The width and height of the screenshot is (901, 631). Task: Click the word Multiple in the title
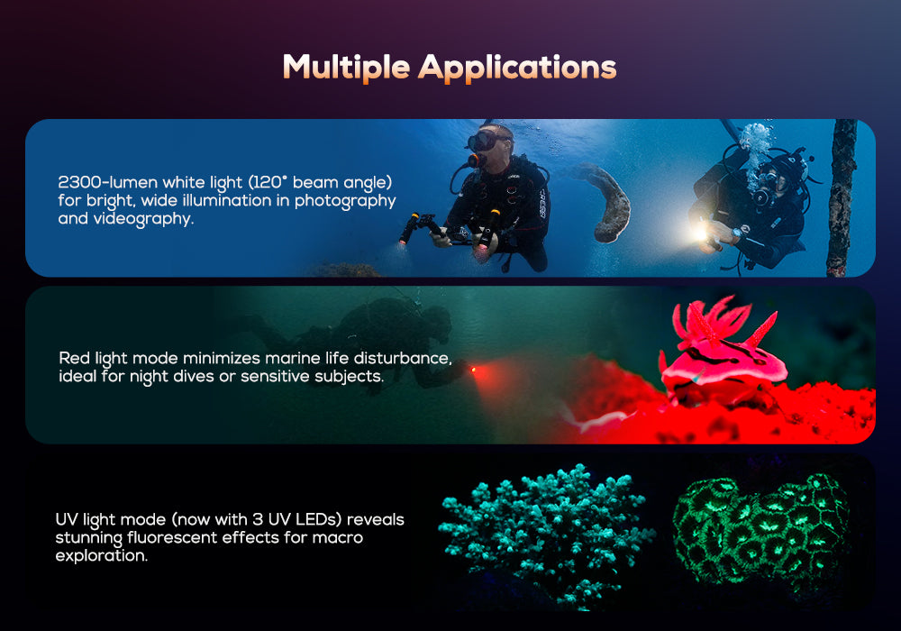tap(346, 67)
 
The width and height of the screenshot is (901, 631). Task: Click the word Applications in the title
tap(518, 69)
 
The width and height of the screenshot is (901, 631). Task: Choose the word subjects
tap(349, 375)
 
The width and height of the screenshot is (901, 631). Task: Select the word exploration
tap(101, 556)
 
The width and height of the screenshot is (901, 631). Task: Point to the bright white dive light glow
tap(700, 233)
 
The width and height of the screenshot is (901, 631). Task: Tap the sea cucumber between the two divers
tap(609, 203)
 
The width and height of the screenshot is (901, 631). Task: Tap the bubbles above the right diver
tap(755, 141)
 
